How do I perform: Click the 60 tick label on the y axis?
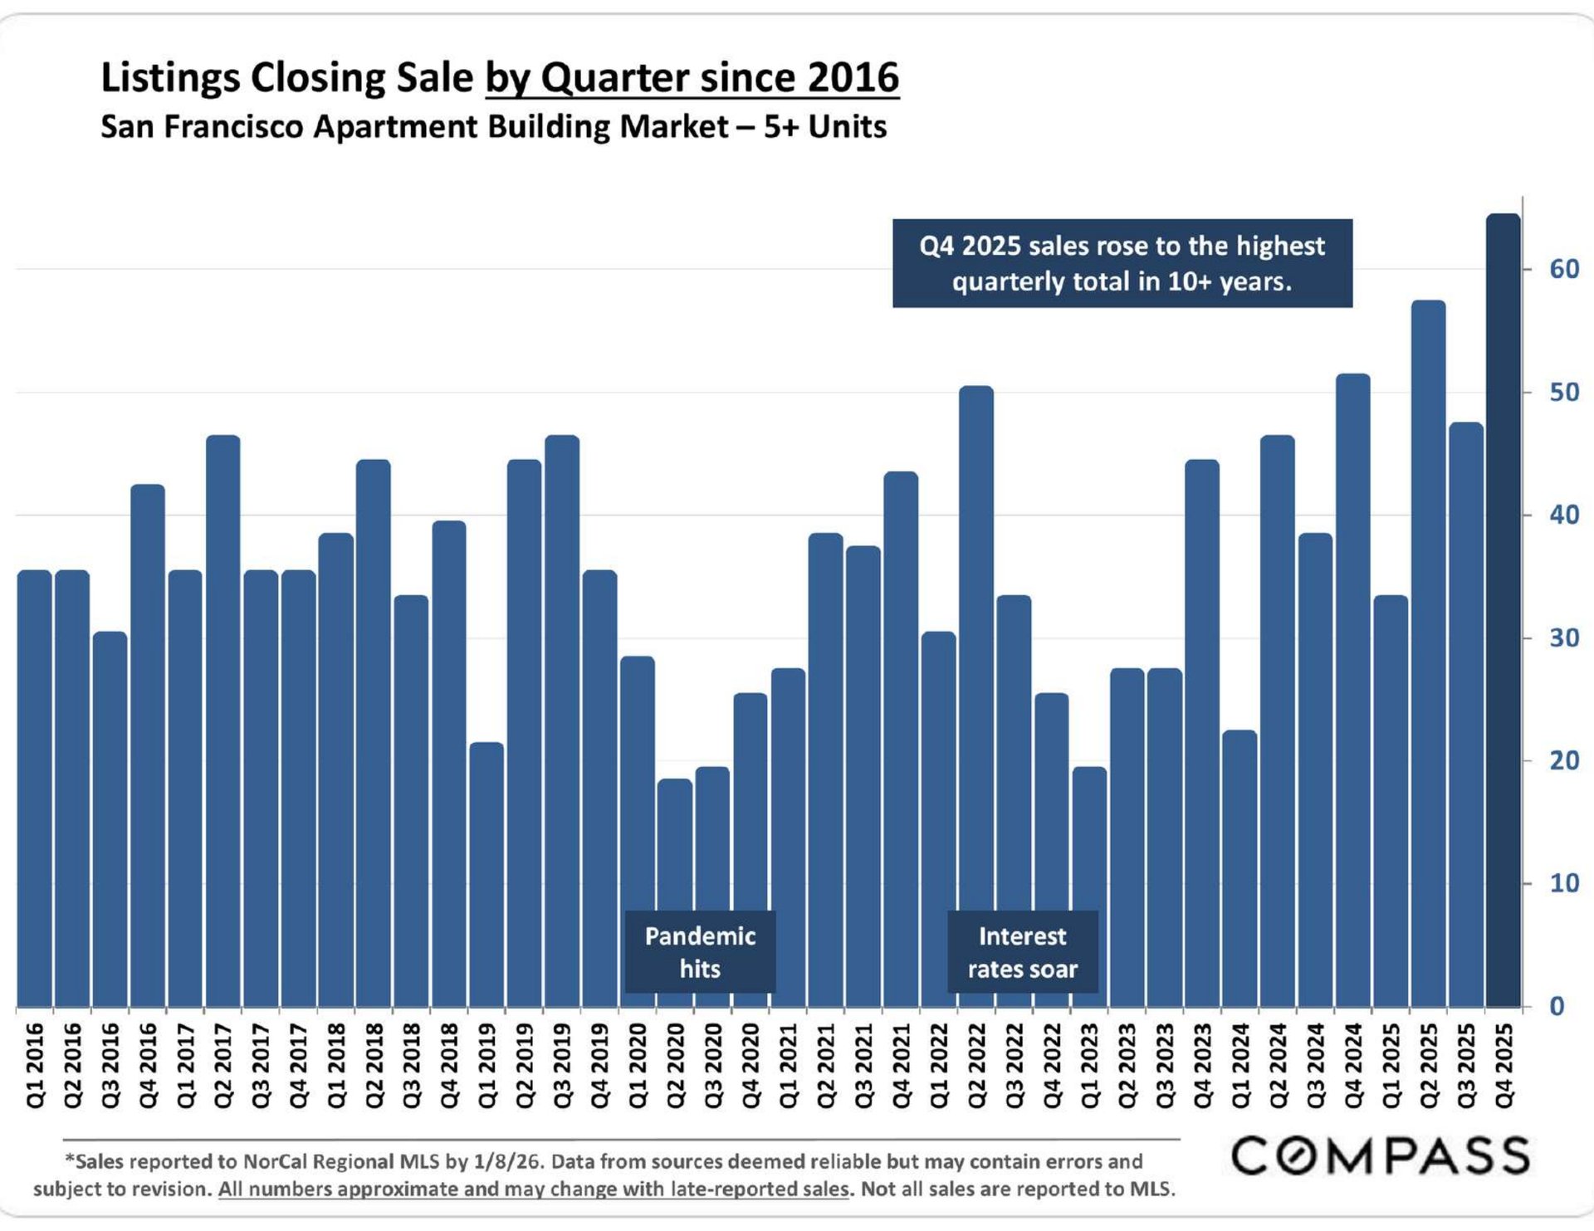tap(1564, 269)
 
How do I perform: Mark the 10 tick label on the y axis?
tap(1564, 883)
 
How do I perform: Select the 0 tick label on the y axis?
tap(1557, 1006)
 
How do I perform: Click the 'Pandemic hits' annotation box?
tap(700, 952)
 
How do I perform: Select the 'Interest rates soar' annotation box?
tap(1022, 952)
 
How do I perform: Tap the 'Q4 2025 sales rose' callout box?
tap(1122, 263)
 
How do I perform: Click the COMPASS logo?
tap(1380, 1156)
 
